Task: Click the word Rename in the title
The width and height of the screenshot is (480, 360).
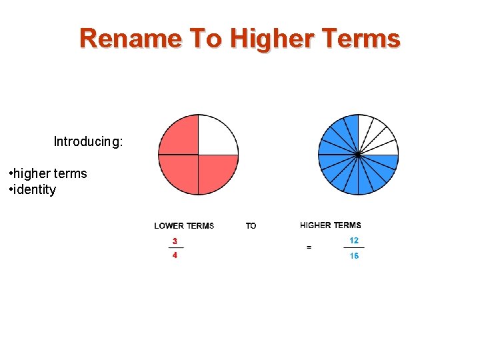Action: [x=130, y=39]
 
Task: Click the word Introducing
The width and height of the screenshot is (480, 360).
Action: [x=88, y=141]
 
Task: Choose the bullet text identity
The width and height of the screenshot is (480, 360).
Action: [x=35, y=189]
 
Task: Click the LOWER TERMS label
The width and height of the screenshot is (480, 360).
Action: [x=184, y=226]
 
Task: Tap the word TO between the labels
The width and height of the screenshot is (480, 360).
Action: [x=251, y=226]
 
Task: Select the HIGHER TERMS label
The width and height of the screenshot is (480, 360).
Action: [x=331, y=225]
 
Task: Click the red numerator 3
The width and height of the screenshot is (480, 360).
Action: [x=175, y=241]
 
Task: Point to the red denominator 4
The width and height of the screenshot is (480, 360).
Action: [x=175, y=255]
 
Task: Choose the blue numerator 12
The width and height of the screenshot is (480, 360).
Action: [x=354, y=240]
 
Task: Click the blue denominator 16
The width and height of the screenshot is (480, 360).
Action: [x=354, y=255]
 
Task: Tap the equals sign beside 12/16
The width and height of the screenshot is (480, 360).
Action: [x=309, y=247]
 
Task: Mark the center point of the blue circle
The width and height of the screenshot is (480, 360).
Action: [x=358, y=155]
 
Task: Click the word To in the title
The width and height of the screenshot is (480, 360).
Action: [x=205, y=39]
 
